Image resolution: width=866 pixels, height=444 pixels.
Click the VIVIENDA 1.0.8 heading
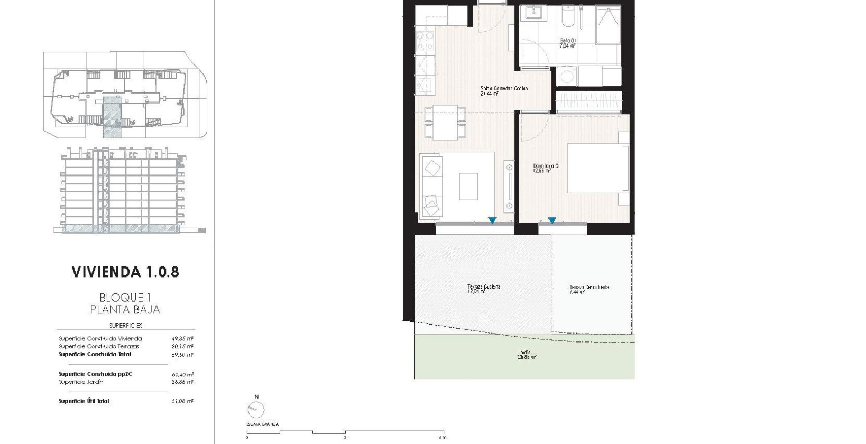click(125, 272)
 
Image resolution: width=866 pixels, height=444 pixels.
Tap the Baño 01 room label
click(567, 43)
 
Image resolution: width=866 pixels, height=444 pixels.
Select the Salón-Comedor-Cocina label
click(503, 91)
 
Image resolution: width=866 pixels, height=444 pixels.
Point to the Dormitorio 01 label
click(546, 168)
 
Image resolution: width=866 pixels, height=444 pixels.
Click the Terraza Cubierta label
click(484, 289)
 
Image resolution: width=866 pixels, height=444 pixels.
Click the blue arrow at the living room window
click(492, 220)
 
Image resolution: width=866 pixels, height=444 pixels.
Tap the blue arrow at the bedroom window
click(552, 220)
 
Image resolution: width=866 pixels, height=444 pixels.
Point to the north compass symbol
click(256, 409)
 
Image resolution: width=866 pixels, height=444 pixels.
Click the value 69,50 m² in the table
click(182, 355)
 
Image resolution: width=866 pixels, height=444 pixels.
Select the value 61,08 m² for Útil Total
click(182, 401)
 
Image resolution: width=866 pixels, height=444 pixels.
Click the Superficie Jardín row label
click(81, 382)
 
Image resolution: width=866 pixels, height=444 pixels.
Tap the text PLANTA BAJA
click(125, 310)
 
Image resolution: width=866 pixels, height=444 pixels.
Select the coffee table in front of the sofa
click(468, 187)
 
